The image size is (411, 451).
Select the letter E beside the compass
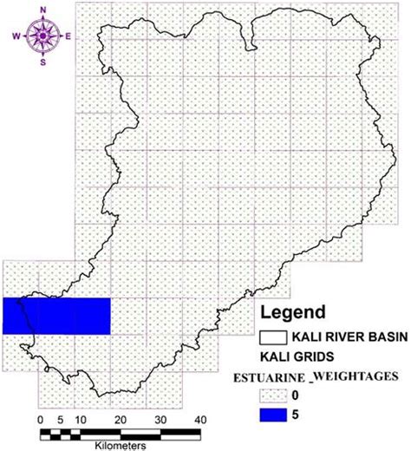[68, 36]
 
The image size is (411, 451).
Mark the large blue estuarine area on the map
[57, 316]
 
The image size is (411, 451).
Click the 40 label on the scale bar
[200, 420]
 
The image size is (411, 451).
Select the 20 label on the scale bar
[121, 420]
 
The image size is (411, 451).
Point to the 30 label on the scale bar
[160, 420]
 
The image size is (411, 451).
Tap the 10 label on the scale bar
[79, 420]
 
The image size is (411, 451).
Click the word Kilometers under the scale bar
[121, 443]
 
